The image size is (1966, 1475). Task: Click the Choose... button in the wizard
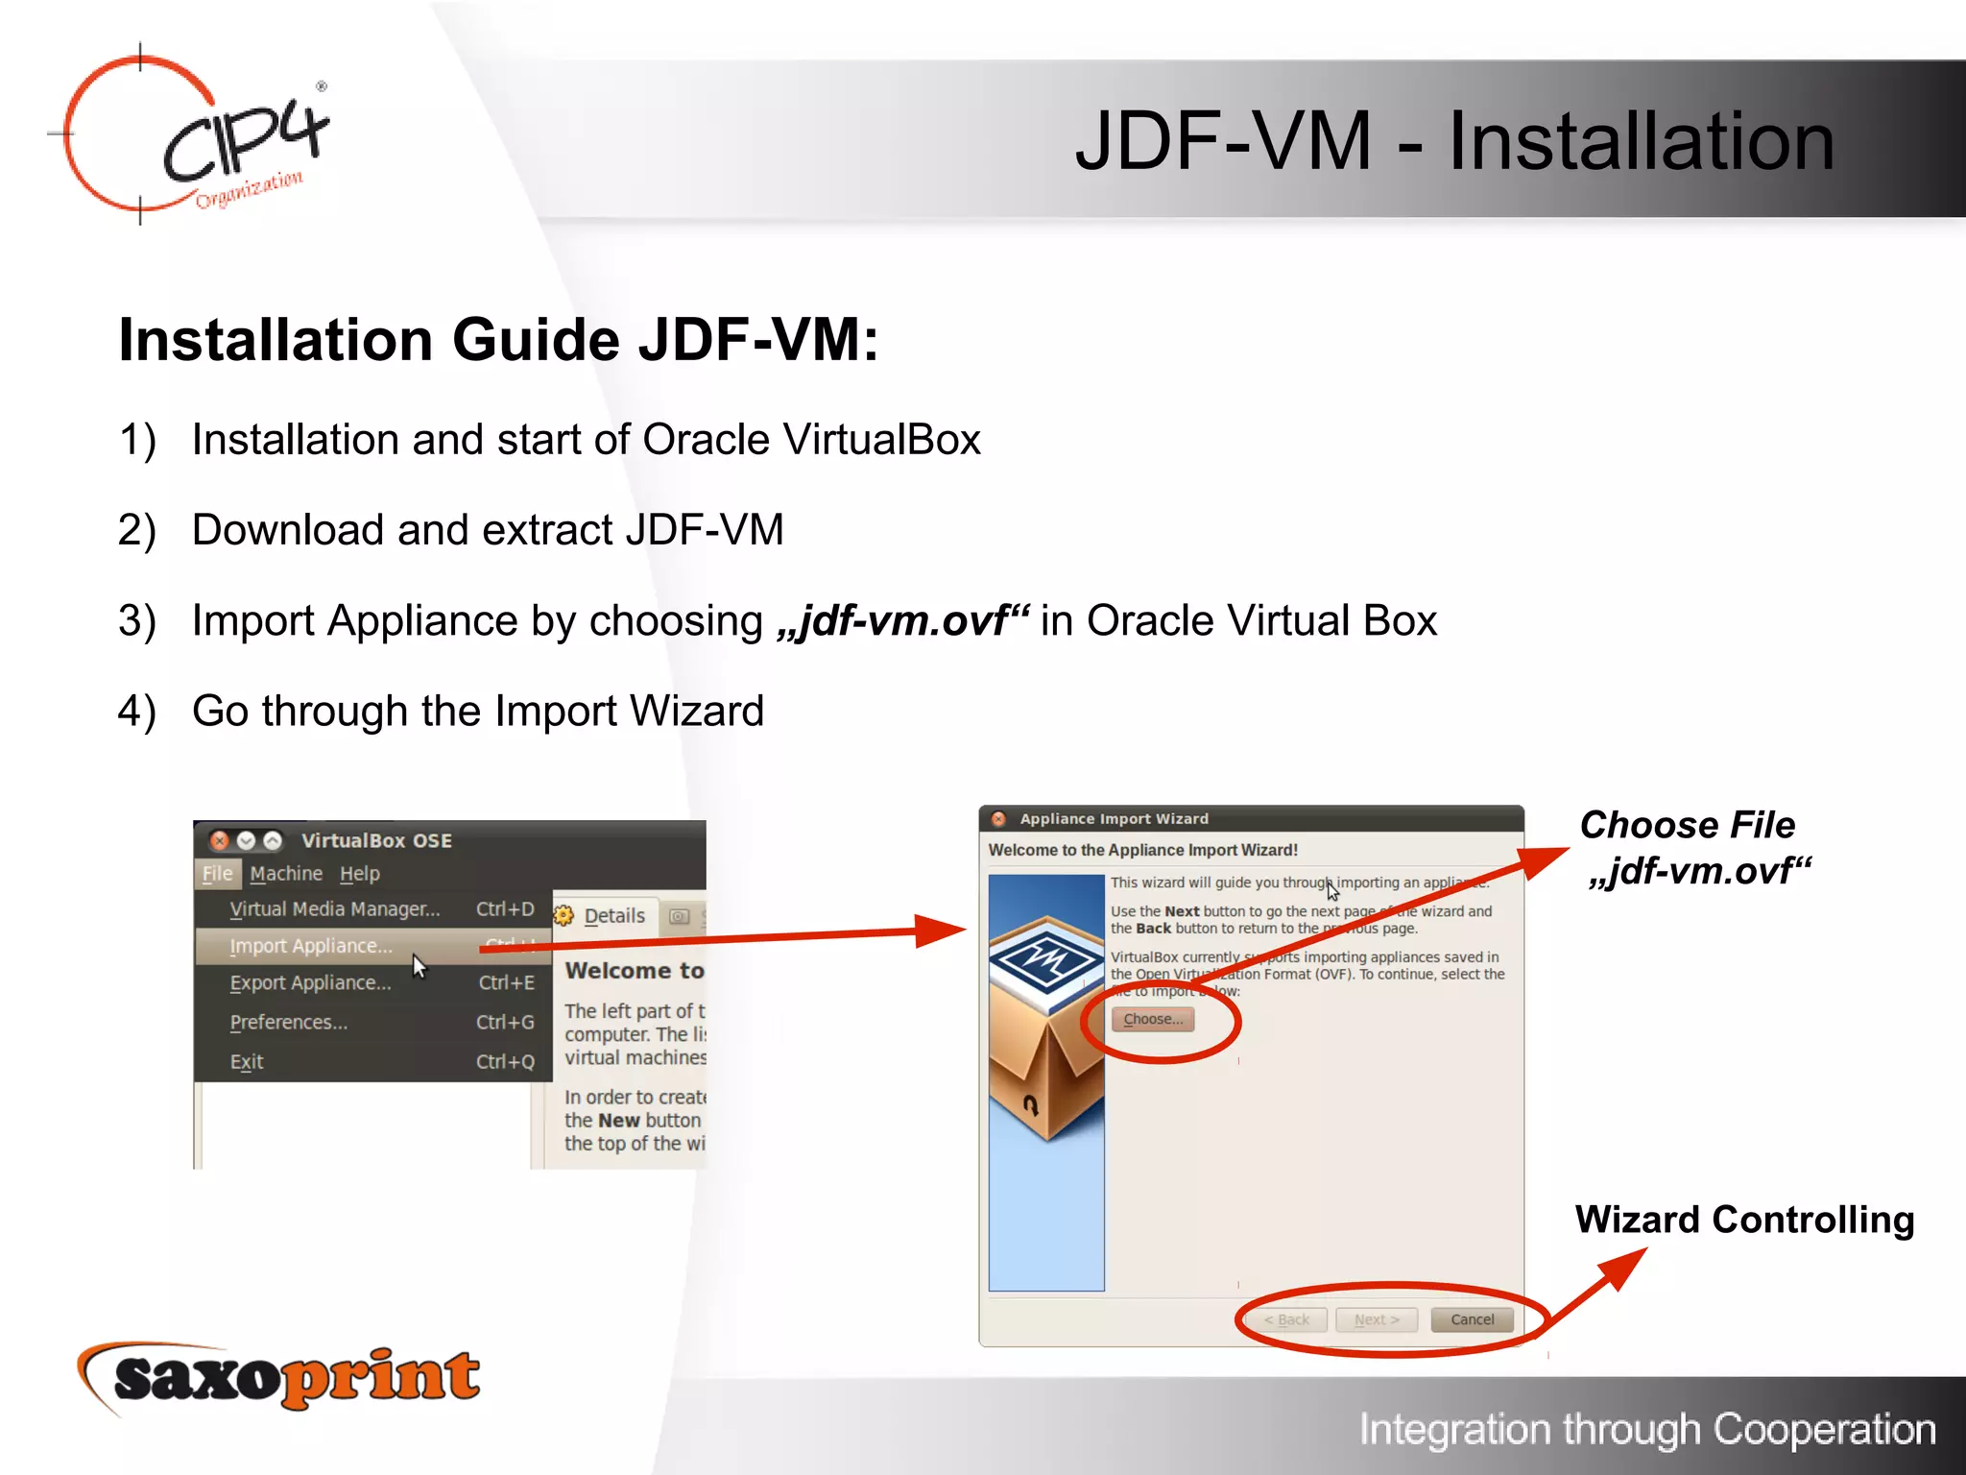tap(1153, 1020)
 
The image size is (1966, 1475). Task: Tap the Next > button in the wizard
tap(1377, 1320)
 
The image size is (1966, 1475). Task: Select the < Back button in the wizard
tap(1285, 1320)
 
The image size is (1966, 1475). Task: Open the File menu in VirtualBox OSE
tap(217, 874)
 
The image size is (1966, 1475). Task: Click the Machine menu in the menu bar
tap(286, 874)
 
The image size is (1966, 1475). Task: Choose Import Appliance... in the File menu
tap(311, 946)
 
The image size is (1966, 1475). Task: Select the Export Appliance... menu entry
tap(310, 983)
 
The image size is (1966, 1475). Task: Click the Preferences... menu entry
tap(288, 1023)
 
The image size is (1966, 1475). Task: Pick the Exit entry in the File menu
tap(247, 1062)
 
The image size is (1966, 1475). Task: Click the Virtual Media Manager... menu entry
tap(334, 909)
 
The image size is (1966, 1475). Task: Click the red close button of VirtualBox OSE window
tap(220, 841)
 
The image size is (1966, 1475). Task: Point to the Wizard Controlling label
tap(1743, 1220)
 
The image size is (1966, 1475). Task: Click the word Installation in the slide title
tap(1641, 141)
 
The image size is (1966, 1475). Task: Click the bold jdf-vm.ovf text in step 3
tap(903, 620)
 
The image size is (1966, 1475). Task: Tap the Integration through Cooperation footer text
tap(1646, 1429)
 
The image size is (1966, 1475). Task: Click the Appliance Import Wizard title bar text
tap(1114, 819)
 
